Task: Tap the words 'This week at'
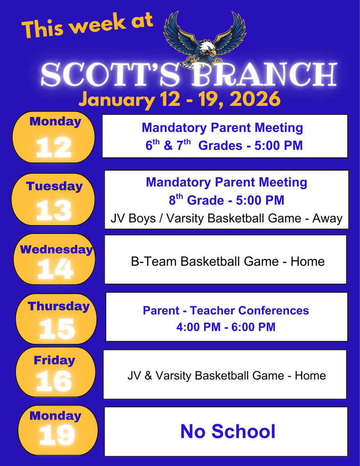pos(87,26)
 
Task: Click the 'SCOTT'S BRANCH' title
pos(189,76)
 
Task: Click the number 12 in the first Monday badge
pos(54,148)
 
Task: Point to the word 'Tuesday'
pos(54,186)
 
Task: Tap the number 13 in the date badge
pos(54,211)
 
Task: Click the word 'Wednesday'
pos(56,249)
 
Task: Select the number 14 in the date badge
pos(55,270)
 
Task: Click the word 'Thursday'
pos(58,306)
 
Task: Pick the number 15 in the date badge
pos(56,329)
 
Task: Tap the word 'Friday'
pos(54,360)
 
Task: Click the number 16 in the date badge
pos(54,381)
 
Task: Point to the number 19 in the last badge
pos(57,436)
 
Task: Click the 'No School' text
pos(228,431)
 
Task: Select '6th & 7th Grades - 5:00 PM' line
pos(224,146)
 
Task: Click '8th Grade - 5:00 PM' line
pos(226,200)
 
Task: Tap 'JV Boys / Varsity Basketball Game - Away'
pos(226,218)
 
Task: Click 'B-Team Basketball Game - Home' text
pos(228,261)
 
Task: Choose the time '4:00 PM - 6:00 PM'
pos(226,327)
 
